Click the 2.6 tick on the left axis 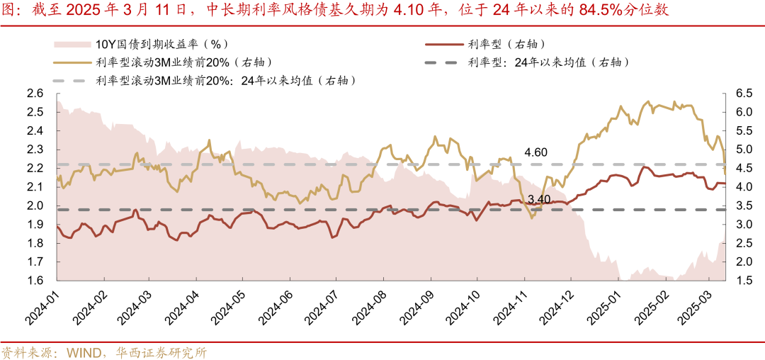pyautogui.click(x=35, y=94)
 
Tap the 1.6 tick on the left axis pyautogui.click(x=35, y=281)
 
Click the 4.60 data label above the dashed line pyautogui.click(x=536, y=152)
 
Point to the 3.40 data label pyautogui.click(x=540, y=199)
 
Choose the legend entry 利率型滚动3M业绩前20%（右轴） pyautogui.click(x=183, y=62)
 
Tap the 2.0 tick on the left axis pyautogui.click(x=35, y=206)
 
